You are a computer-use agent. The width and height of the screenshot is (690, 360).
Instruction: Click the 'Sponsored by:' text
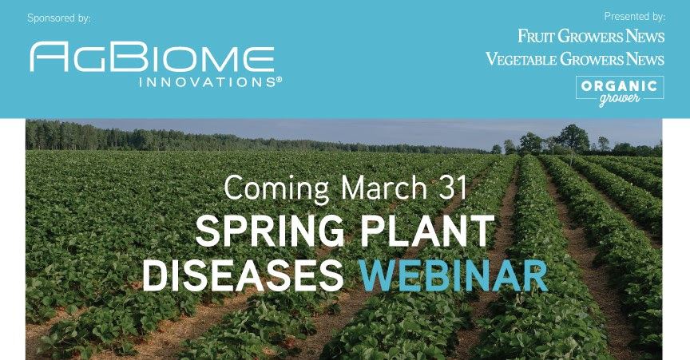click(59, 18)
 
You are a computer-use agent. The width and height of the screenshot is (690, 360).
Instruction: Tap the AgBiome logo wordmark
click(153, 57)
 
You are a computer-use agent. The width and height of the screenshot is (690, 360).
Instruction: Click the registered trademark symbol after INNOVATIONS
click(279, 80)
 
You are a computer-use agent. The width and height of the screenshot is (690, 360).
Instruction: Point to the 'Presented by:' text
click(635, 17)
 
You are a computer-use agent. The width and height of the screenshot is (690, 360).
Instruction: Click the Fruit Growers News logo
click(591, 36)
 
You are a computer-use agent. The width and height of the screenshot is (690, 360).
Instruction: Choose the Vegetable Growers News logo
click(575, 59)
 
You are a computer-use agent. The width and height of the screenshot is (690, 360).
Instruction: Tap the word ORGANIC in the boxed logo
click(620, 86)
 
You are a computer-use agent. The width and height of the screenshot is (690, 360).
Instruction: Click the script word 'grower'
click(619, 99)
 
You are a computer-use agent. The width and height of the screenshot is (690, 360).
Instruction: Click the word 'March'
click(383, 187)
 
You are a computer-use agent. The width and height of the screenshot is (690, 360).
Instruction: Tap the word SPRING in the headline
click(270, 231)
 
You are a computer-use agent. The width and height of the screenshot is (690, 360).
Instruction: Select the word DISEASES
click(243, 275)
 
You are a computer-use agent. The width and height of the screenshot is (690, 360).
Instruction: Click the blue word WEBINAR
click(454, 275)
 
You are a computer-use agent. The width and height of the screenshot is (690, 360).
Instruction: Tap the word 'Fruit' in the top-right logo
click(537, 36)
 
